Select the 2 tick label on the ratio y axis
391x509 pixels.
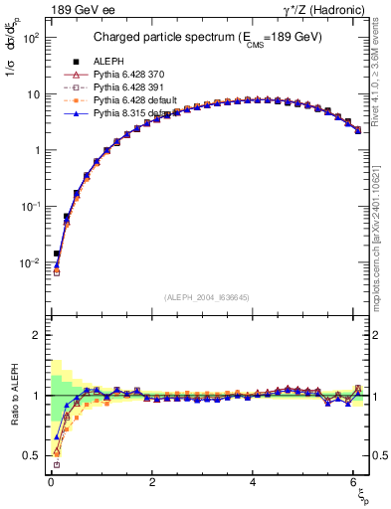tap(34, 335)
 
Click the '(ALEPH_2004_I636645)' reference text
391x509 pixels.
tap(207, 298)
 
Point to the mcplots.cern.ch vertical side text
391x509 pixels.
tap(380, 229)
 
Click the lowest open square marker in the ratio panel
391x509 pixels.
tap(57, 464)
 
